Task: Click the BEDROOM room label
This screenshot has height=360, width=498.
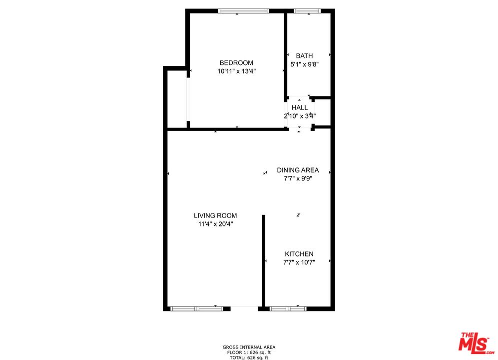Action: [236, 62]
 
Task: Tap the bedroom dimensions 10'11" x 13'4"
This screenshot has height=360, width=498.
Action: [236, 71]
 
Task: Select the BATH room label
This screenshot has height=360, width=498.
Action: [304, 55]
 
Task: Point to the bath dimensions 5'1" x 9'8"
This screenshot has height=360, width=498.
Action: [304, 64]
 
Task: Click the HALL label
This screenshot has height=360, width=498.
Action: [300, 107]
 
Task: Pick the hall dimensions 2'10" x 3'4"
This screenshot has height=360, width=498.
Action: [300, 116]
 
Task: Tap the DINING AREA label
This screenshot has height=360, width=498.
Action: [298, 170]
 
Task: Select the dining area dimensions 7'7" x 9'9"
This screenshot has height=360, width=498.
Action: [298, 178]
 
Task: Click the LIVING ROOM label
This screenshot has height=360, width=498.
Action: [215, 215]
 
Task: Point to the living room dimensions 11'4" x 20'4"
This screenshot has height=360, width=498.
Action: [215, 224]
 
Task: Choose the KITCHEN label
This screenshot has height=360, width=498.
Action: [299, 254]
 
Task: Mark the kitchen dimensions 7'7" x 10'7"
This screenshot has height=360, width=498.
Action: [299, 262]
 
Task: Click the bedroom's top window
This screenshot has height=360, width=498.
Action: [244, 10]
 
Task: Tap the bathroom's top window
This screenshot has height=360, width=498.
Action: [307, 10]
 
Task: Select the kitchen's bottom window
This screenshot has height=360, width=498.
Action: [288, 308]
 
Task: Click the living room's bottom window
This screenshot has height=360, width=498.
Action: [199, 308]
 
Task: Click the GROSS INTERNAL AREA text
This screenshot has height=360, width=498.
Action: [249, 347]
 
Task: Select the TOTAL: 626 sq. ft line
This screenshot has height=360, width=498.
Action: [249, 357]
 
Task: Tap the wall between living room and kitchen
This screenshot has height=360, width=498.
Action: [263, 260]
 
